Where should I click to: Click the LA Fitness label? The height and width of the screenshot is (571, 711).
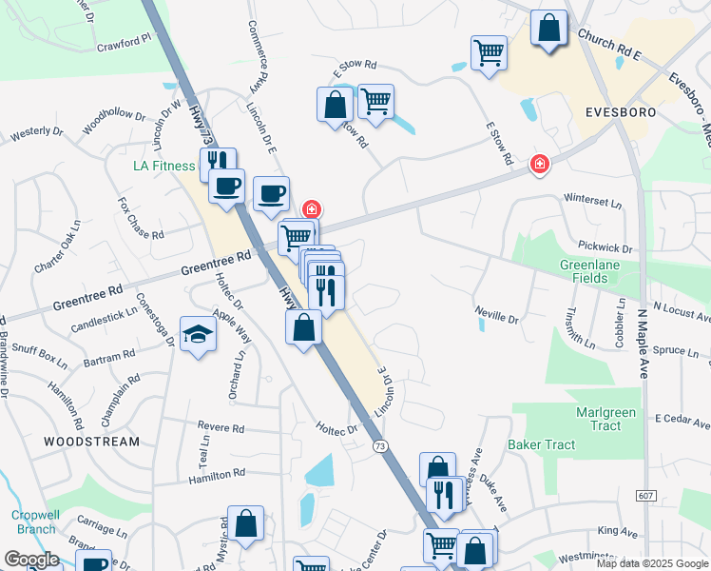coord(163,167)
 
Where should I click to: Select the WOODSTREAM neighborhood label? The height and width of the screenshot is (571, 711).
coord(90,442)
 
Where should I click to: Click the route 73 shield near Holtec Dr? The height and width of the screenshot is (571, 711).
coord(380,446)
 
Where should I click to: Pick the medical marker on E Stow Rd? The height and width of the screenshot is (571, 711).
coord(539,165)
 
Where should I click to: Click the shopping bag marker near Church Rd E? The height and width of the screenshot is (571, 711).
coord(548,29)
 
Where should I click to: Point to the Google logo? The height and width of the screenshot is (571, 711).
coord(31,559)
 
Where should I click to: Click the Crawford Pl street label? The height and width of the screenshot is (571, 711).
coord(124,43)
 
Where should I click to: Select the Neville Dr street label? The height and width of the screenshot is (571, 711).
coord(497,315)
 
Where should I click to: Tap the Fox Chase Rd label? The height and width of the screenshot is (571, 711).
coord(141,219)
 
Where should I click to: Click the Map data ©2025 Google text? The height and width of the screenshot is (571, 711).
coord(651,563)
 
